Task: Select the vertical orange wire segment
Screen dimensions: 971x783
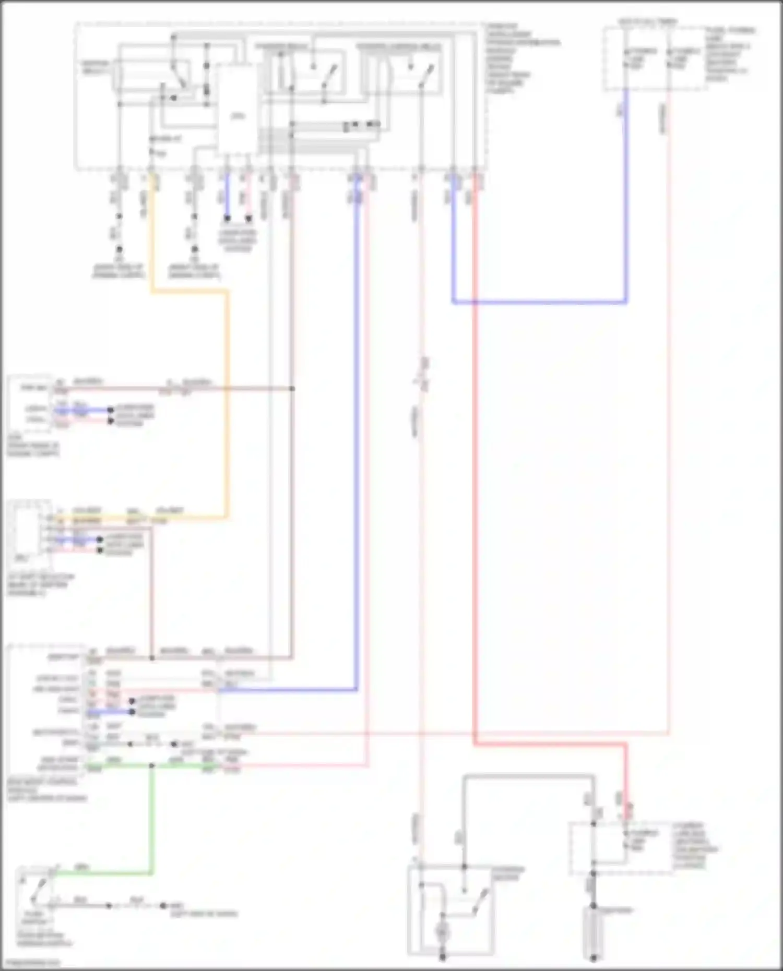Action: pos(227,407)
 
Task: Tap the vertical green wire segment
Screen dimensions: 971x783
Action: pos(152,819)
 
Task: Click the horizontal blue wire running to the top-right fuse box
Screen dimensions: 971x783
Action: pos(538,302)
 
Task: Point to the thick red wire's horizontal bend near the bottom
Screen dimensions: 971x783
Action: pos(548,744)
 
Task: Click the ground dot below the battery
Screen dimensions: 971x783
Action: pos(593,958)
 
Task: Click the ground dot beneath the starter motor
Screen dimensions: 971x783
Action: pos(443,957)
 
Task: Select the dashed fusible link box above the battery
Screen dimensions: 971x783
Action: pos(621,848)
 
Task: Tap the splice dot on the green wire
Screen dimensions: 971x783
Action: pos(152,766)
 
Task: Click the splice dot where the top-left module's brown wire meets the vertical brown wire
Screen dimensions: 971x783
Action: pos(292,389)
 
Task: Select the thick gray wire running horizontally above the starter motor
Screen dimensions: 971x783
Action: pos(527,777)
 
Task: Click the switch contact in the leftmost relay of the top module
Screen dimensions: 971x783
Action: pos(180,78)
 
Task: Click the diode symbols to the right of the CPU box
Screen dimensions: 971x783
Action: pos(360,125)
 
